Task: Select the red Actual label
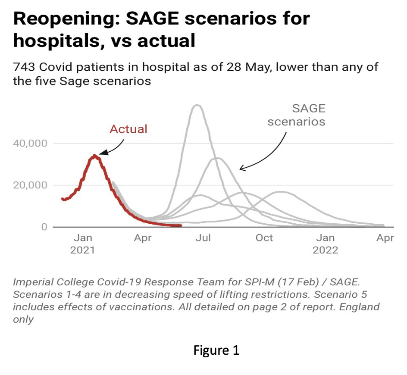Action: click(x=128, y=129)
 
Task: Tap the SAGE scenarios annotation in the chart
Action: click(x=296, y=115)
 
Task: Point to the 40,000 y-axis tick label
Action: click(x=31, y=144)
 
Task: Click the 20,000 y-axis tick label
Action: click(x=31, y=185)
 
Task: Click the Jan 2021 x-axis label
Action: click(x=82, y=244)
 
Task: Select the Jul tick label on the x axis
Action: click(x=203, y=238)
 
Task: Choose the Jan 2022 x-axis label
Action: click(x=326, y=244)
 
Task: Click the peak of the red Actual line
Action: click(x=95, y=156)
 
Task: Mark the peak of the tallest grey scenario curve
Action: click(x=197, y=105)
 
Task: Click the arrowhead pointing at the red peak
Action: click(x=102, y=153)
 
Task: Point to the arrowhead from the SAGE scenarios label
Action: click(x=242, y=169)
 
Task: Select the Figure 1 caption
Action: click(x=216, y=350)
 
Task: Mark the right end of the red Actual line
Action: click(x=181, y=225)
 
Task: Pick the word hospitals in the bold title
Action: click(x=53, y=42)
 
